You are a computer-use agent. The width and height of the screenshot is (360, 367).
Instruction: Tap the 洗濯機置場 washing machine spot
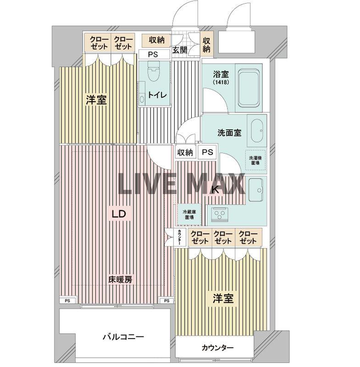tap(255, 160)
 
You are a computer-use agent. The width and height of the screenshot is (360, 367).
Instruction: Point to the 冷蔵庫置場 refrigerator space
tap(188, 214)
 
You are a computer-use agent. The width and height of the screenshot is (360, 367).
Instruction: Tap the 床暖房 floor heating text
tap(121, 279)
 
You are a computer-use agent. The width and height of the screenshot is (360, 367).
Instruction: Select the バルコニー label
tap(123, 337)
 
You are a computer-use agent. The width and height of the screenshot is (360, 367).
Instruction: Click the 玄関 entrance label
tap(179, 50)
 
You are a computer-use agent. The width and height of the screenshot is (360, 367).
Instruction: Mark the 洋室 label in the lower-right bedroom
tap(223, 299)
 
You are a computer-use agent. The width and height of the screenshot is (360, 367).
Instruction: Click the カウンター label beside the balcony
tap(217, 348)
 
